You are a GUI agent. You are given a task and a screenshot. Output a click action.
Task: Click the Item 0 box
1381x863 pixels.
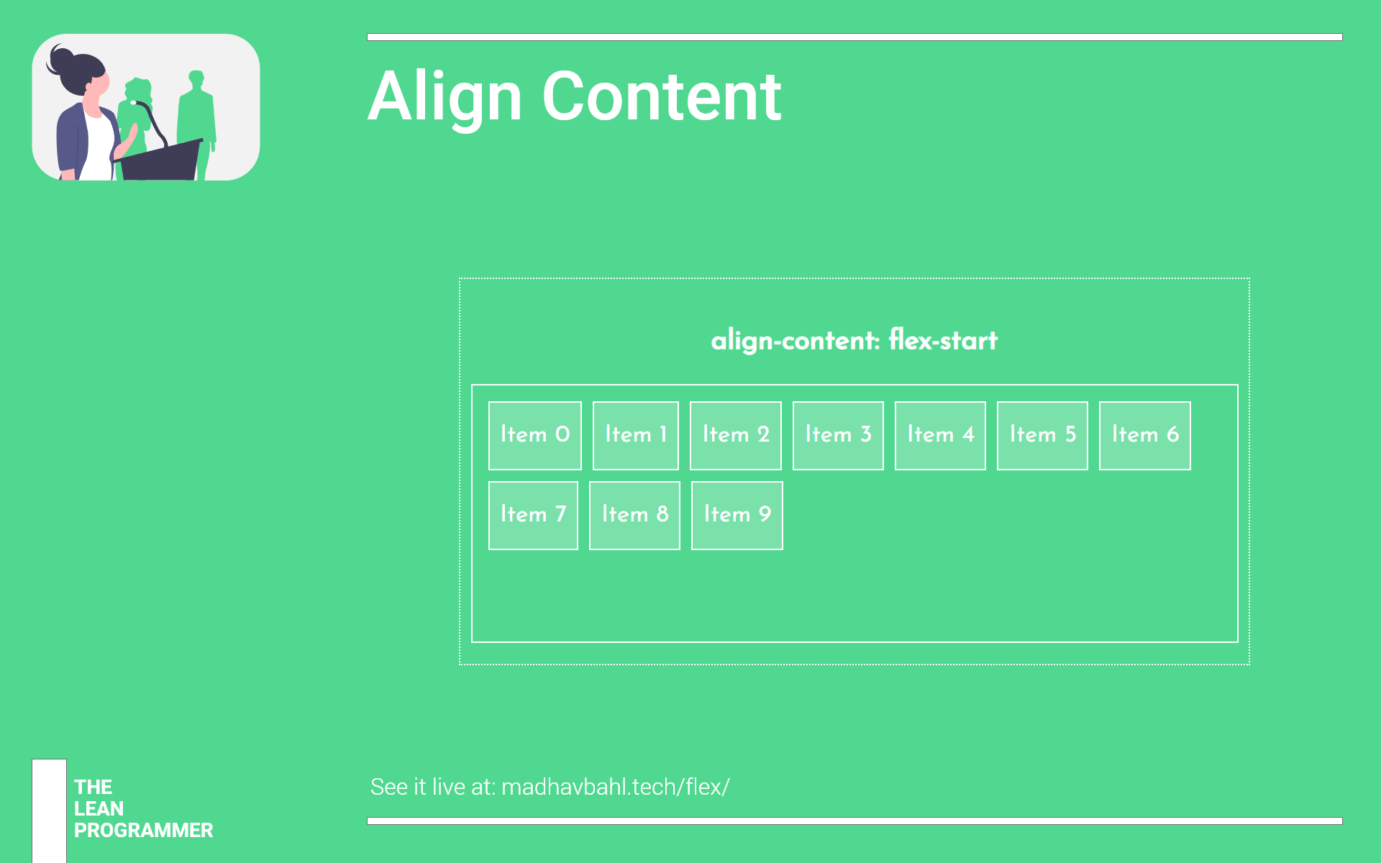(534, 435)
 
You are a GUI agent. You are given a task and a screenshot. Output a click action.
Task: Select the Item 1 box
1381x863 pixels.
(635, 435)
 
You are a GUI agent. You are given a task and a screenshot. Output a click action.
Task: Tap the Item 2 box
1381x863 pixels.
(735, 435)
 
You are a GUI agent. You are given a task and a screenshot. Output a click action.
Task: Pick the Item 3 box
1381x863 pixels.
(838, 435)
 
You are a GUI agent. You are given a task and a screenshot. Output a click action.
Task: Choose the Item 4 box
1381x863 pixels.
(940, 435)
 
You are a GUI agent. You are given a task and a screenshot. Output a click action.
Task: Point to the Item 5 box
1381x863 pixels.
(1042, 435)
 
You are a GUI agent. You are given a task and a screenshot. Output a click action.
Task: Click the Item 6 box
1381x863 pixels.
(1144, 435)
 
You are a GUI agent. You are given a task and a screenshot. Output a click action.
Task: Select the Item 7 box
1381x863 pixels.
(533, 515)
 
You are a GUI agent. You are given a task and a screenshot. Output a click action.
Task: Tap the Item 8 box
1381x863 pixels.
(634, 515)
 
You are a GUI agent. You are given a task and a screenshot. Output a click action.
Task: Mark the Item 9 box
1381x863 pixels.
(737, 515)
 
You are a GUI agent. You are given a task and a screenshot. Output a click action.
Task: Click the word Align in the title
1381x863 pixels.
(445, 97)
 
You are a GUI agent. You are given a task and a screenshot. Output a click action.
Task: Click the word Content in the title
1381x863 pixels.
(661, 97)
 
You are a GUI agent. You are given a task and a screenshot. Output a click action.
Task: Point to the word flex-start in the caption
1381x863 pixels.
(943, 340)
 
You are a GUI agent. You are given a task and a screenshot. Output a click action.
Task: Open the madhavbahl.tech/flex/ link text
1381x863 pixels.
(615, 787)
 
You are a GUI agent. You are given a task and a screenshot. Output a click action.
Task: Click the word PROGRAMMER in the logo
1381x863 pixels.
(143, 831)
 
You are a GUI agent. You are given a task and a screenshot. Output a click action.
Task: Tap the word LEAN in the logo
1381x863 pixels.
(99, 809)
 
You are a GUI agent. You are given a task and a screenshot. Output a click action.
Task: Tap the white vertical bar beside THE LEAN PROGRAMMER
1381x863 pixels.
(49, 811)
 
